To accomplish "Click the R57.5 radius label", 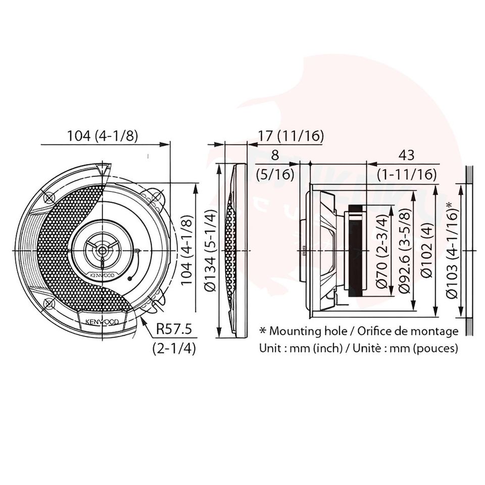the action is [x=174, y=329].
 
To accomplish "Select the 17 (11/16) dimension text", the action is [x=290, y=135].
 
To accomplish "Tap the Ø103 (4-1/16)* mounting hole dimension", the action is [x=452, y=250].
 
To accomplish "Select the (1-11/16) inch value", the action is [x=406, y=175].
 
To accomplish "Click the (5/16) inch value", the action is [x=275, y=175].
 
